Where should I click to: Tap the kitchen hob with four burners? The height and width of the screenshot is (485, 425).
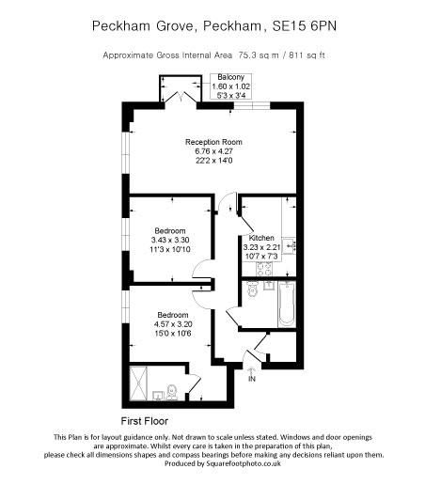264,269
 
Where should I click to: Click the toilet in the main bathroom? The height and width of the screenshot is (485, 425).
250,292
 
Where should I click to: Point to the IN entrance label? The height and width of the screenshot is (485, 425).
252,381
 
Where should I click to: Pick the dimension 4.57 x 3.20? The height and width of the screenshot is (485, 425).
171,323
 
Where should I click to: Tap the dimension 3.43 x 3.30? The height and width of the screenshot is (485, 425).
170,240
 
